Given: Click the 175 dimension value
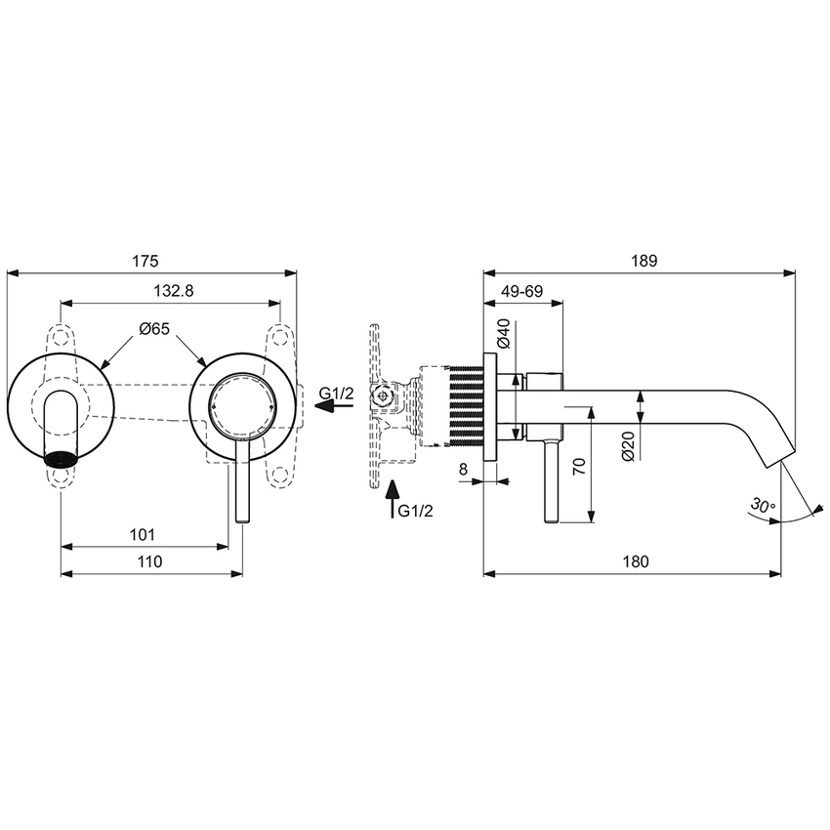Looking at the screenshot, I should tap(145, 261).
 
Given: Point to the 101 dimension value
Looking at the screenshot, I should tap(143, 534).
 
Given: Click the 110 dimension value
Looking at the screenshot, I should tap(148, 561).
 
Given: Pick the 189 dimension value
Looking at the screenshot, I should tap(643, 261).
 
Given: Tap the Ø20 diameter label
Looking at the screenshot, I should tap(628, 445).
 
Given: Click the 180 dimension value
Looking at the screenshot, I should tap(635, 561).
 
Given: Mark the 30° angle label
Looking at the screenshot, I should tap(763, 506).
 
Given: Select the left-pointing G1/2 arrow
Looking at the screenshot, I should tap(324, 409).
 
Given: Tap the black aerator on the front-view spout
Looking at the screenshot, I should tap(62, 456).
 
